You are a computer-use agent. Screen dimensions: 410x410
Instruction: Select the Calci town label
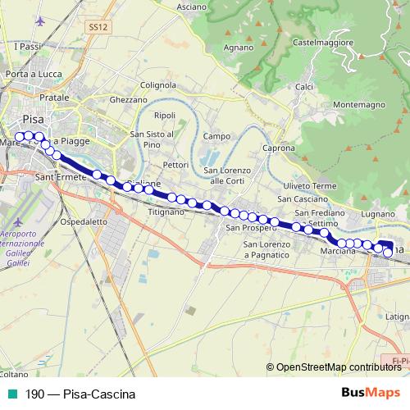tap(304, 87)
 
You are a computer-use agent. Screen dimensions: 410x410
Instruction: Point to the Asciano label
tap(191, 7)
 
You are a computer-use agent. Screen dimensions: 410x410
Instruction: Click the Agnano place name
tap(239, 48)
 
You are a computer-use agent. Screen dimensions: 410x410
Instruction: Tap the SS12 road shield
tap(98, 27)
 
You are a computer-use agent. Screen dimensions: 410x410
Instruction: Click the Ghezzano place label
tap(127, 99)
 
